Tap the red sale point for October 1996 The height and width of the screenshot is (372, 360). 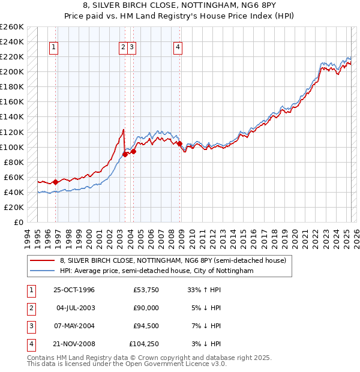[56, 181]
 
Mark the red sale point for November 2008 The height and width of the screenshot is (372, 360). [179, 143]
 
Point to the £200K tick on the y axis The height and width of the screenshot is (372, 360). [12, 71]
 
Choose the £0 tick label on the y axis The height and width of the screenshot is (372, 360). [19, 222]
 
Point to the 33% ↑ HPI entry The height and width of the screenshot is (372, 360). [205, 290]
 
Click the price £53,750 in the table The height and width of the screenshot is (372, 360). [146, 290]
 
